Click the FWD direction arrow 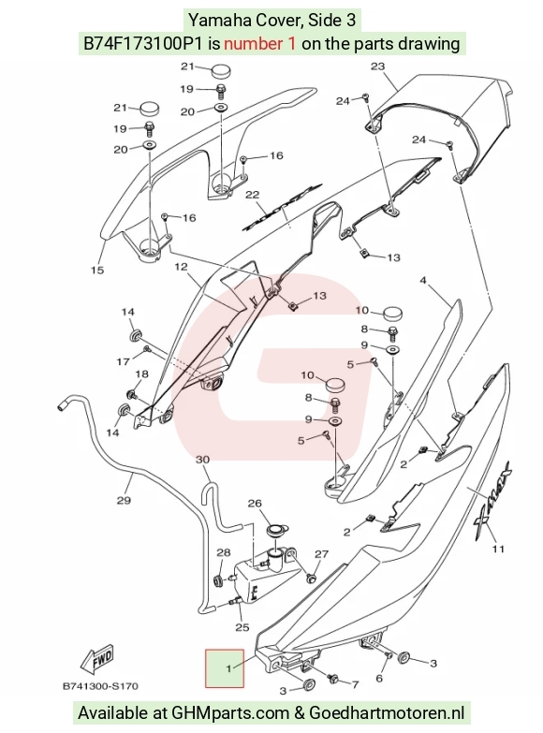point(97,660)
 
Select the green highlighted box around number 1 point(225,668)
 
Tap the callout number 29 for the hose point(124,501)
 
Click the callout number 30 point(202,460)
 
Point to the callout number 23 point(377,66)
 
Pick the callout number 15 point(97,271)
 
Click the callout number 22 point(253,195)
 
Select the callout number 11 point(499,549)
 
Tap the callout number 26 point(255,504)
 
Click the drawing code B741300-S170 point(100,686)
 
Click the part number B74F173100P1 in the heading point(143,43)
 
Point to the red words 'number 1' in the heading point(259,43)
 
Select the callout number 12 point(181,267)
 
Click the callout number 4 point(423,281)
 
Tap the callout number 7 point(355,685)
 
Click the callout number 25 point(242,627)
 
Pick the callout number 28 point(224,552)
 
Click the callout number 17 point(123,362)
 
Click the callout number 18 point(141,374)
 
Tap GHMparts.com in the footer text point(230,713)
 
